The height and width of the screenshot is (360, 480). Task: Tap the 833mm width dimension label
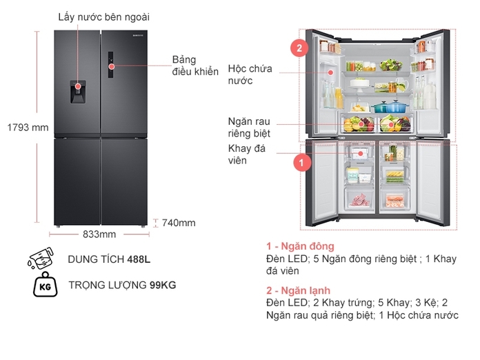[x=99, y=234]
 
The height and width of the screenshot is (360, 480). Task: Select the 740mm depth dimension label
[x=179, y=223]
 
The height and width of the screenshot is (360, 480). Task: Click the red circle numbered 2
[x=299, y=48]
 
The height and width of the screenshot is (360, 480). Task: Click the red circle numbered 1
[x=299, y=163]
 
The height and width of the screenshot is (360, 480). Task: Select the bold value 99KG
[x=164, y=285]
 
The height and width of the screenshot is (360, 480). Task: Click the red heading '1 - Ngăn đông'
[x=300, y=246]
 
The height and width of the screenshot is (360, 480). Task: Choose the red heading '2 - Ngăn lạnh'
[x=299, y=290]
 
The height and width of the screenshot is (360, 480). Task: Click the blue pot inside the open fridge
[x=384, y=106]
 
